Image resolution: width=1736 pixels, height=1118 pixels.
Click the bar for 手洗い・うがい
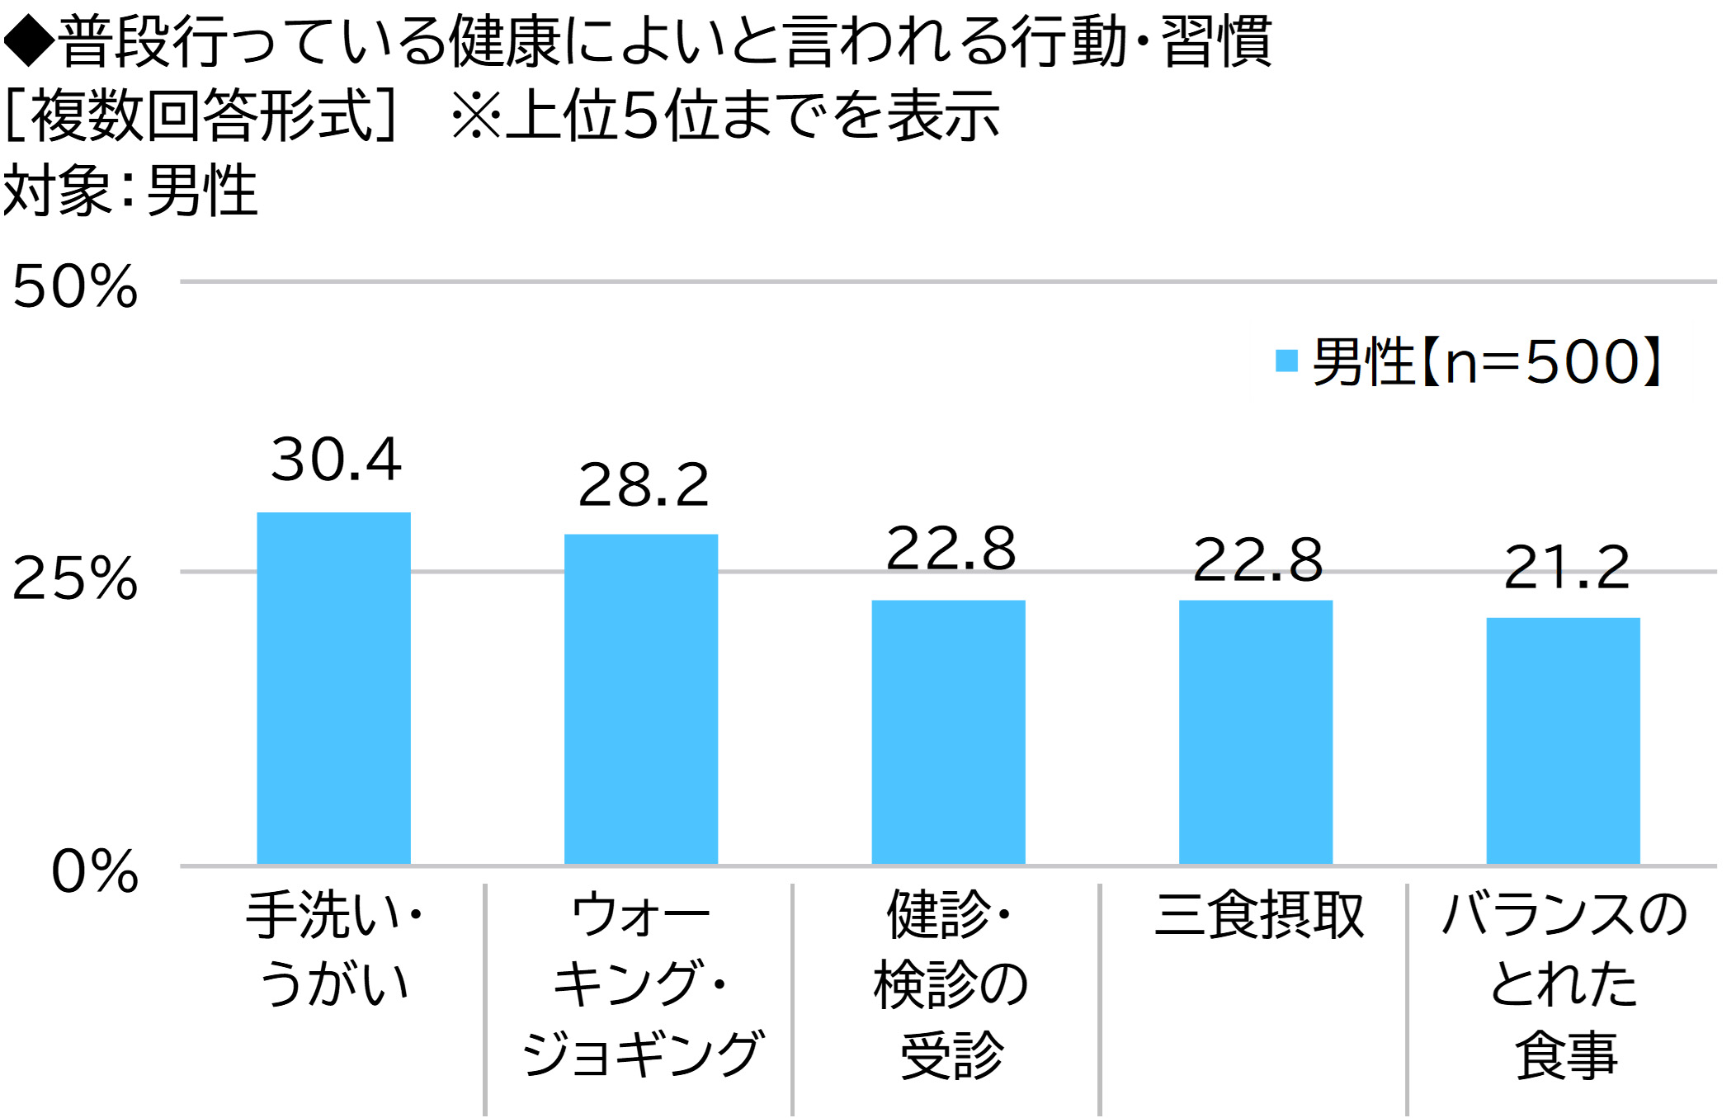coord(333,688)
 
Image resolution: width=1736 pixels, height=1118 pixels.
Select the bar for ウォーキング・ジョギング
coord(640,699)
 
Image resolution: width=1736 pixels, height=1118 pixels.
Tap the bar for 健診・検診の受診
coord(948,732)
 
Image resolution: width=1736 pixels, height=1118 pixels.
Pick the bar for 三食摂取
coord(1255,732)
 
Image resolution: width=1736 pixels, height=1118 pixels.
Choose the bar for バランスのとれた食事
coord(1563,740)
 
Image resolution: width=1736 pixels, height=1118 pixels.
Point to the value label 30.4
coord(336,460)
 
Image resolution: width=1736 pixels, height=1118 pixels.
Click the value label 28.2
coord(643,485)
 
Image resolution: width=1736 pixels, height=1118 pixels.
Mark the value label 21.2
coord(1566,568)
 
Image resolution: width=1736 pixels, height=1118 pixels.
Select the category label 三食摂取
coord(1258,915)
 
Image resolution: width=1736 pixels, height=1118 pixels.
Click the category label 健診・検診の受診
coord(951,984)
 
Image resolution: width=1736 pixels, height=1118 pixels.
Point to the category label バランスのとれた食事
coord(1564,984)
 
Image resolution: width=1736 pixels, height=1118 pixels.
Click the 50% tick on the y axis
coord(75,286)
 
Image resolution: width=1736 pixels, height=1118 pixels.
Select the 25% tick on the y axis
coord(75,578)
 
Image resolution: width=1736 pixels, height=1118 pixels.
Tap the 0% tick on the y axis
coord(94,871)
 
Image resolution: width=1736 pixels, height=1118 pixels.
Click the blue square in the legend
coord(1285,361)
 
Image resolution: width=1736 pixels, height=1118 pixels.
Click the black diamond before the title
coord(28,41)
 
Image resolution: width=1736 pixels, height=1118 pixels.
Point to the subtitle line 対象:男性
coord(130,191)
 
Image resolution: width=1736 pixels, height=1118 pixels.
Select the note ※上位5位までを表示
coord(725,116)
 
